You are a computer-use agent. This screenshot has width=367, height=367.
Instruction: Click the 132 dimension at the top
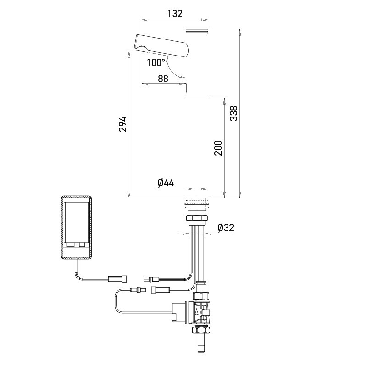pos(174,13)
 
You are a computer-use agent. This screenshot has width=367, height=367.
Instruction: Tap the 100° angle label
pos(156,62)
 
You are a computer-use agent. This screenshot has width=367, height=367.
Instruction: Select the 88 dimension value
pos(163,78)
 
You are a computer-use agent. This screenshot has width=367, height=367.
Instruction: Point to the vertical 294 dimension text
pos(122,124)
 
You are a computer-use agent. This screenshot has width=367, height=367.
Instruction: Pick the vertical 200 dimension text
pos(218,148)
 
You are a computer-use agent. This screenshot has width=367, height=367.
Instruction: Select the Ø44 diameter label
pos(166,183)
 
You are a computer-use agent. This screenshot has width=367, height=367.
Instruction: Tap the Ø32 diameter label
pos(226,227)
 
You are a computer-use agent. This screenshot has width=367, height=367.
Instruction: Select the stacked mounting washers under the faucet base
pos(197,204)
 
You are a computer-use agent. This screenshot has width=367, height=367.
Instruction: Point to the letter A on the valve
pos(197,311)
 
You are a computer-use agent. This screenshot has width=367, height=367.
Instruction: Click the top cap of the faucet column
pos(197,30)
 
